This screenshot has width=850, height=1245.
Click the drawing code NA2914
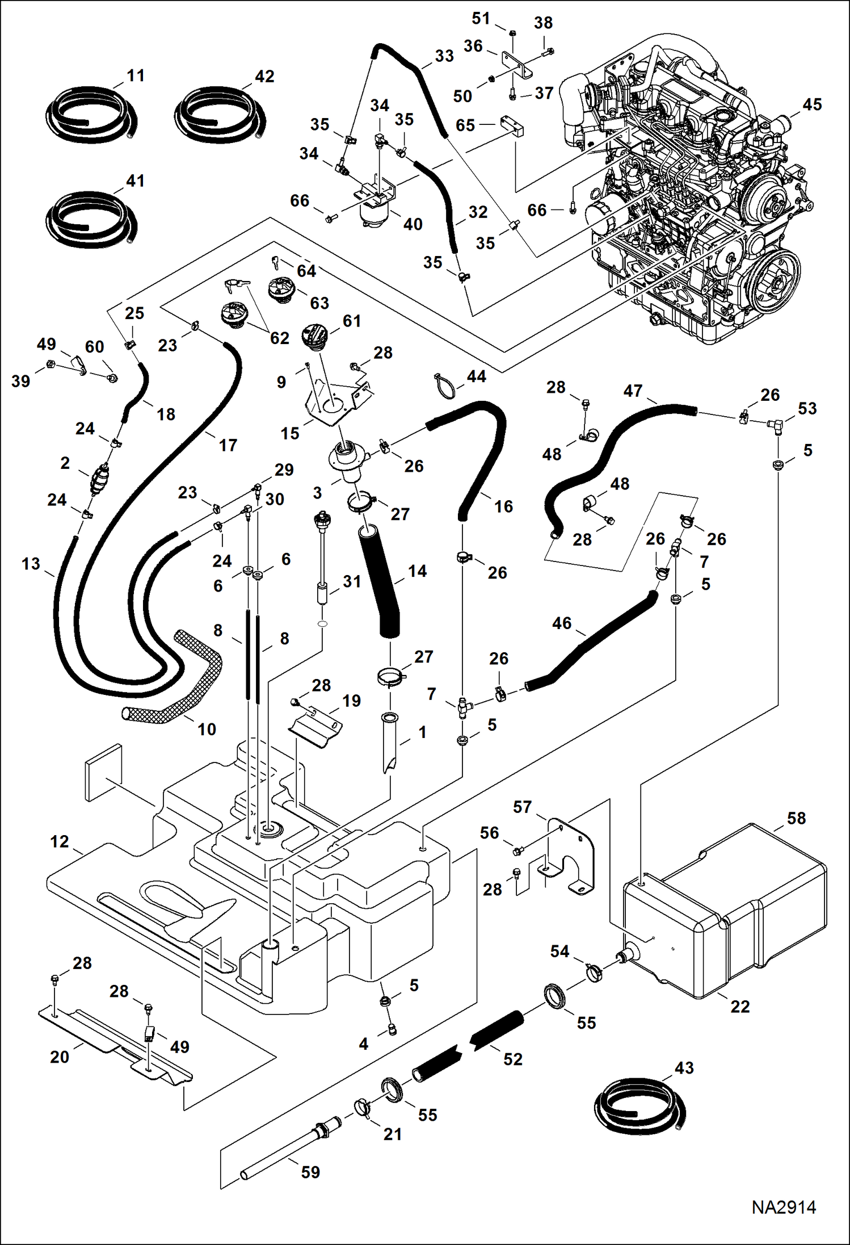784,1208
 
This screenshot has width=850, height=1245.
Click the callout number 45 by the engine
812,104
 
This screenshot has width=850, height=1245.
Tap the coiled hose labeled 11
91,116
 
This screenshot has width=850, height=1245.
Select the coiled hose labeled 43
640,1107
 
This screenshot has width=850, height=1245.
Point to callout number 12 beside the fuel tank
60,841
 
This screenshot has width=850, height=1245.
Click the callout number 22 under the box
740,1007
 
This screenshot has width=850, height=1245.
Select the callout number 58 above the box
796,818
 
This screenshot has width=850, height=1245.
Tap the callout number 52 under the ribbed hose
512,1059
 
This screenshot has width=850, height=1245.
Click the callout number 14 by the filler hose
417,571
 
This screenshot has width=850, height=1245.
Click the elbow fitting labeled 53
773,424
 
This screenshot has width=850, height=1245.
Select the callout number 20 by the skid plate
60,1057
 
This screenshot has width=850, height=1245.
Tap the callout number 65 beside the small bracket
465,125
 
